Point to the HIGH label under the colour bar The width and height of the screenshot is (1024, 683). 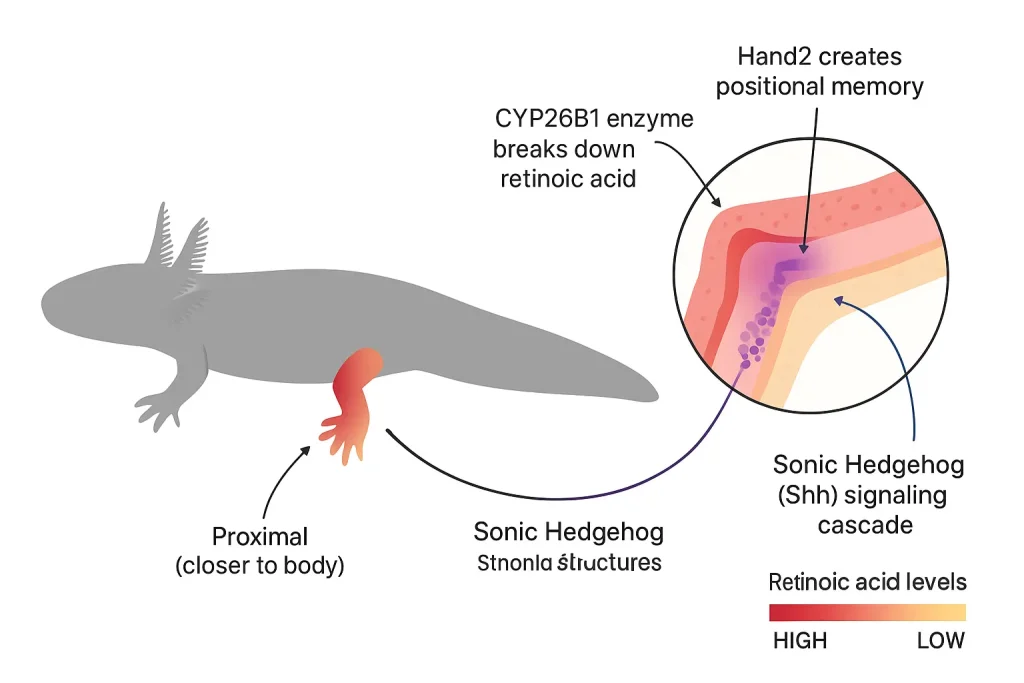click(x=800, y=641)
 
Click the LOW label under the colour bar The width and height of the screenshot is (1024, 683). click(x=940, y=641)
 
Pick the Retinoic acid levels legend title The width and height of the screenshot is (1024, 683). click(x=867, y=582)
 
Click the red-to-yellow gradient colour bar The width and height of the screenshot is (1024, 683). click(x=867, y=612)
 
